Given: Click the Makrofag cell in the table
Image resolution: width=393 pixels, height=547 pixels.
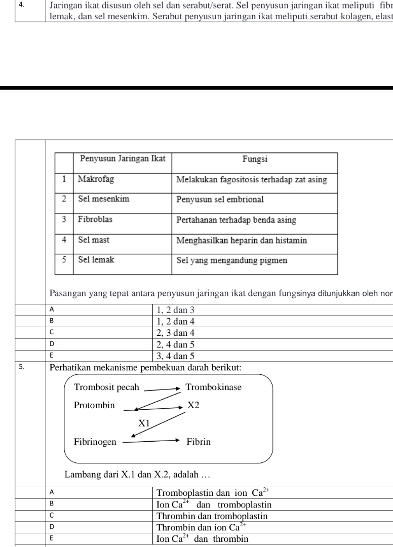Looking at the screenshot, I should pyautogui.click(x=96, y=179).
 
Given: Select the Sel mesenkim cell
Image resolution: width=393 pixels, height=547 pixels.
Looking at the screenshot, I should pyautogui.click(x=104, y=199).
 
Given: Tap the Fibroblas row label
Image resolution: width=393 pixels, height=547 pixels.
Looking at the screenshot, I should pyautogui.click(x=96, y=220).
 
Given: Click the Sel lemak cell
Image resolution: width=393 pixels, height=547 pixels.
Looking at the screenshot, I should pyautogui.click(x=96, y=260).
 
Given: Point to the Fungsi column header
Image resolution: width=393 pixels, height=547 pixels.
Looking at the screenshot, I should pyautogui.click(x=255, y=159).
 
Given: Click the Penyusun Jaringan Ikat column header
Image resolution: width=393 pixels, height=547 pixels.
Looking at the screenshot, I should pyautogui.click(x=123, y=159).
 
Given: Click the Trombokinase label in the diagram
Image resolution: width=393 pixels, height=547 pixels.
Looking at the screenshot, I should pyautogui.click(x=214, y=387).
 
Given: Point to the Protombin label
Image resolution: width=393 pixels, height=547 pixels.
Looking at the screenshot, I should pyautogui.click(x=94, y=406).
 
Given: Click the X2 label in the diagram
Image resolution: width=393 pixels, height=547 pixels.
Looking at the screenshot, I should pyautogui.click(x=193, y=406).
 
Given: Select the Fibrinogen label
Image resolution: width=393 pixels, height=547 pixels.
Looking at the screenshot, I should pyautogui.click(x=95, y=442).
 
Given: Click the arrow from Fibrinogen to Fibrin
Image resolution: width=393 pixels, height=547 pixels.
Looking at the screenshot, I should pyautogui.click(x=151, y=441).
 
